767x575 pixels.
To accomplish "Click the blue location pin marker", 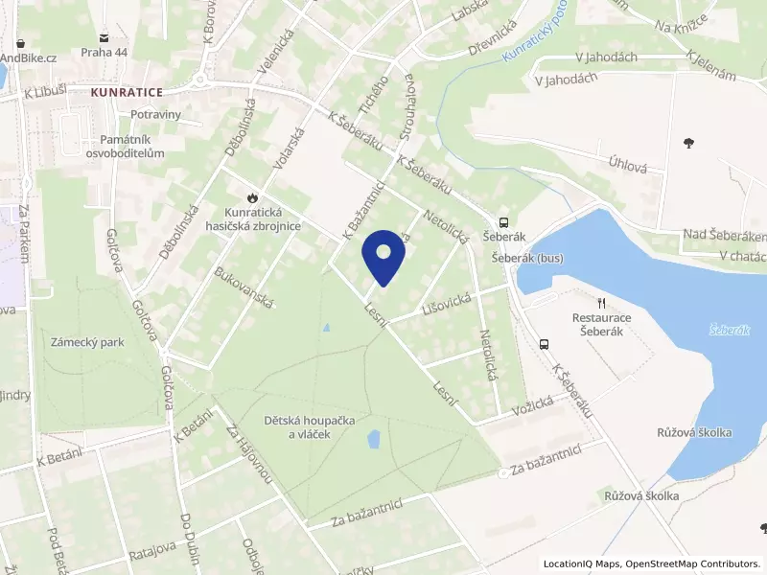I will [x=383, y=258].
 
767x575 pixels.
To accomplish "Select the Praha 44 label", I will [x=104, y=52].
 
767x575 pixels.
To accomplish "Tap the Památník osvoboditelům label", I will [x=126, y=147].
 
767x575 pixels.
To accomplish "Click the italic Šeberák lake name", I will [x=729, y=329].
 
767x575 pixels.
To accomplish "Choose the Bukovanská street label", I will [x=245, y=287].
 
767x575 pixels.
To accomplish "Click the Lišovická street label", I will [x=444, y=302].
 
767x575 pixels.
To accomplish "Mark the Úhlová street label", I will [x=628, y=165].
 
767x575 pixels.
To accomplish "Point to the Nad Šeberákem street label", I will [x=725, y=235].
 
